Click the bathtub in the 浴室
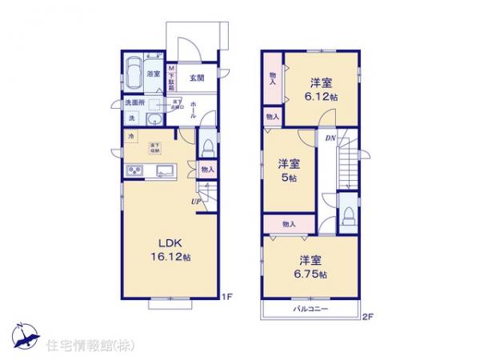point(133,73)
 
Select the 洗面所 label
point(133,103)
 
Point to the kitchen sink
point(166,170)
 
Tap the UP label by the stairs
point(194,202)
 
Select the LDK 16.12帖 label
point(173,250)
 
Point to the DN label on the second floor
point(329,138)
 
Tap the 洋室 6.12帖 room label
point(322,88)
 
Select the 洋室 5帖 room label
point(290,170)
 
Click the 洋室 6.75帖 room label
point(312,266)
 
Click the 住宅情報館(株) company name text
point(80,346)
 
